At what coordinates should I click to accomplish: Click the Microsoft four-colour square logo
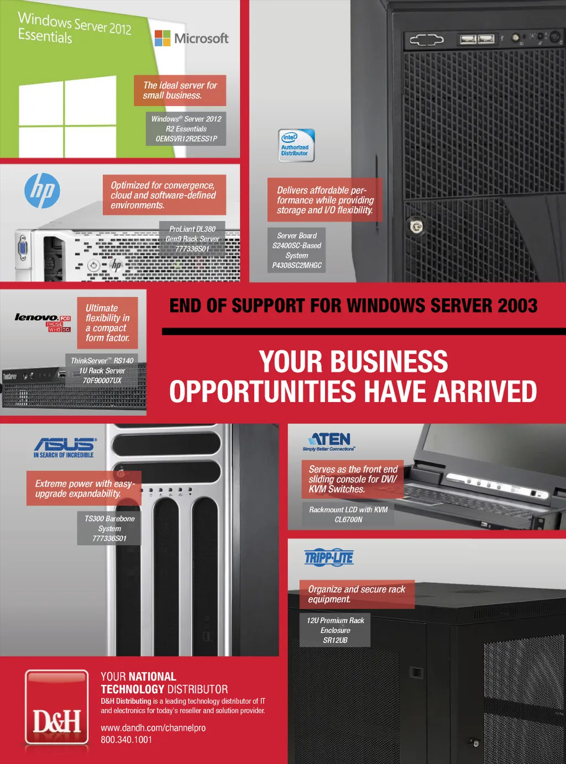coord(163,38)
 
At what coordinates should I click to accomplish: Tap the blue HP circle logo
coord(42,191)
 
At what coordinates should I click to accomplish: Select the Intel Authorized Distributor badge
coord(296,145)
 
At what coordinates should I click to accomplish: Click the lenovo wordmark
coord(36,317)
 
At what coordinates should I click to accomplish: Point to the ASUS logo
coord(65,444)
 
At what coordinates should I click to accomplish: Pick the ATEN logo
coord(330,440)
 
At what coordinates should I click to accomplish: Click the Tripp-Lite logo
coord(329,558)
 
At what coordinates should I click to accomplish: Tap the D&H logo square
coord(57,708)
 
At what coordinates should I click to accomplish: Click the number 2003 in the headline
coord(510,305)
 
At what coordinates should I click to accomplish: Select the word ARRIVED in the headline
coord(485,392)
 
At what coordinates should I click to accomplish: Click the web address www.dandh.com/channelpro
coord(153,728)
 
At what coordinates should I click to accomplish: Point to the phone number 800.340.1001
coord(126,740)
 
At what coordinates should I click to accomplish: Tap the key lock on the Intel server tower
coord(416,226)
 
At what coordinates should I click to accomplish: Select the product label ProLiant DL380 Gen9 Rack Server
coord(192,239)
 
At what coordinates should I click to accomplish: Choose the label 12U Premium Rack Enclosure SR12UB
coord(335,630)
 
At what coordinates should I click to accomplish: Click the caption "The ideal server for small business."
coord(180,91)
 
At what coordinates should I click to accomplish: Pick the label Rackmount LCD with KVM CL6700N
coord(348,514)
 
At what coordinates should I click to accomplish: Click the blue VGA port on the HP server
coord(23,248)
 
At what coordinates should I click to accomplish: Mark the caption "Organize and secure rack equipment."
coord(357,594)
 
